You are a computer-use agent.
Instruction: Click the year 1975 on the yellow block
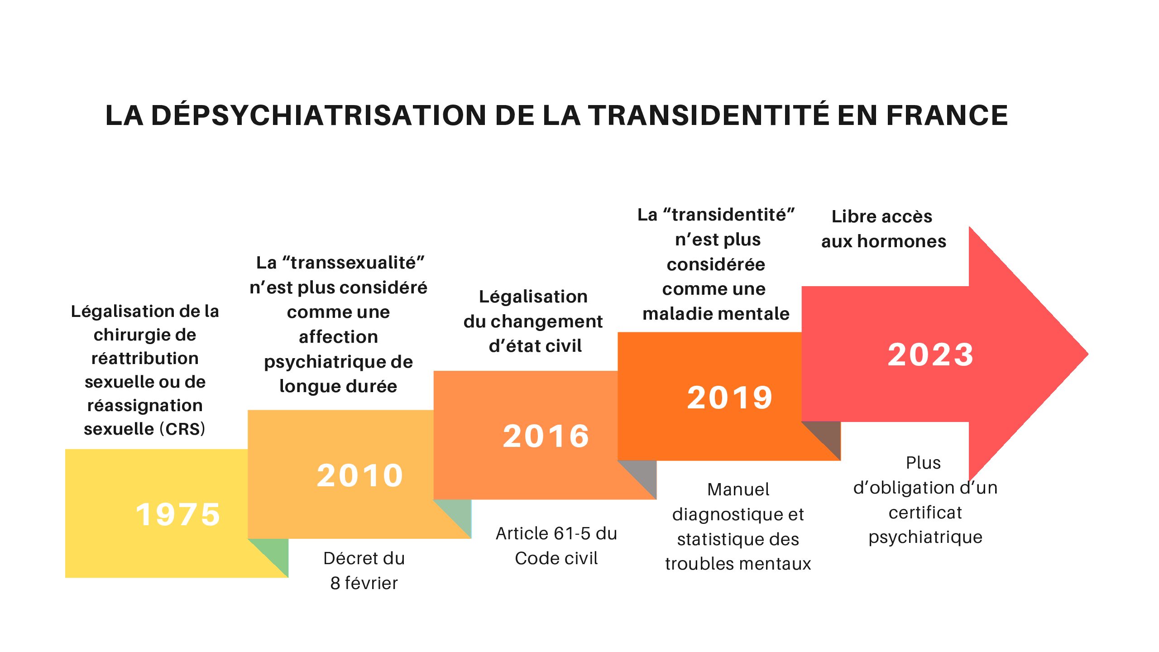click(x=178, y=515)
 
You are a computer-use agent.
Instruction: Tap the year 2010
click(x=360, y=476)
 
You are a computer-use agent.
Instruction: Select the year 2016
click(x=546, y=436)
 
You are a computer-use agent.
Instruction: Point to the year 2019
click(x=730, y=398)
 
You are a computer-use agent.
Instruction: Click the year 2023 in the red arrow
click(x=930, y=355)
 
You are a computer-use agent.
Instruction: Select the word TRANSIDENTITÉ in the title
click(x=709, y=115)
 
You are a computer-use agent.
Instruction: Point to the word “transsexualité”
click(x=353, y=263)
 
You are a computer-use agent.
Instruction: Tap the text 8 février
click(x=364, y=583)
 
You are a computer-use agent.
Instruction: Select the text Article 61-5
click(x=543, y=533)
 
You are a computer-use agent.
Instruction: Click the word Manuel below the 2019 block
click(x=738, y=489)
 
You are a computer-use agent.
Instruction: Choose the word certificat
click(x=925, y=513)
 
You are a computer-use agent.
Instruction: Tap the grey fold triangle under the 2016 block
click(x=643, y=475)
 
